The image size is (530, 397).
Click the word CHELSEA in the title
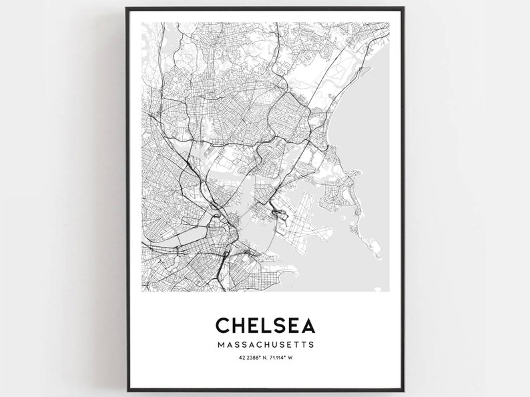(265, 325)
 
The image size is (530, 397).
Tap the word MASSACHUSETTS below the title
(265, 345)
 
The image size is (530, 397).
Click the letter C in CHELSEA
(224, 325)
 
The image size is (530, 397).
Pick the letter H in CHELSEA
(240, 325)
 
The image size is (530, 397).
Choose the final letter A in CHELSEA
(306, 325)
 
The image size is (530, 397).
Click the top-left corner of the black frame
(126, 9)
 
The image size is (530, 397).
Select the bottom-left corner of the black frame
(126, 389)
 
